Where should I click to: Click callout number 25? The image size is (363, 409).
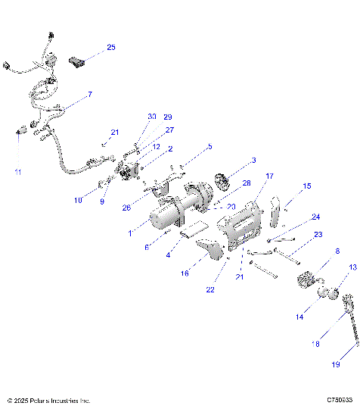110,47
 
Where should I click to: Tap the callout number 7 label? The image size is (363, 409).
89,95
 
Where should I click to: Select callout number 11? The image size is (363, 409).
18,172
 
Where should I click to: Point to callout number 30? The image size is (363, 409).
152,117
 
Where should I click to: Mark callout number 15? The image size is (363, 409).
306,186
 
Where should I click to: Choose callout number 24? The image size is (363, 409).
315,217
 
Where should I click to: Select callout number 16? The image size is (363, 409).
184,273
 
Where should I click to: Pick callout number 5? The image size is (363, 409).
209,146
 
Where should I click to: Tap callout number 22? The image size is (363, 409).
209,289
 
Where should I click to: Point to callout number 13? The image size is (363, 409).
352,267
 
